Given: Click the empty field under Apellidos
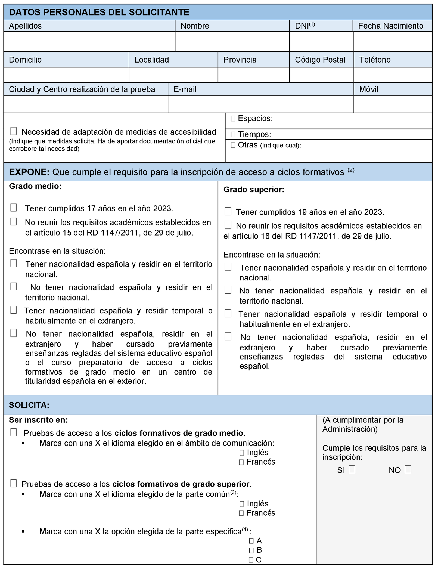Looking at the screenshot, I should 89,41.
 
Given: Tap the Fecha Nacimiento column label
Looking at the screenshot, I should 390,26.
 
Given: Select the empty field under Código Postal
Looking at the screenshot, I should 321,75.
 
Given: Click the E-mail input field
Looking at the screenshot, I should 260,104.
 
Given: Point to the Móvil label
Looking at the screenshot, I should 368,89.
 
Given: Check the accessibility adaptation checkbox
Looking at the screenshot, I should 13,131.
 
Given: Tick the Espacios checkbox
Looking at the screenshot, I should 233,119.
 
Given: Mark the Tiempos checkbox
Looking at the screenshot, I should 233,134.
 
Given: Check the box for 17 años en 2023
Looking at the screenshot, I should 13,208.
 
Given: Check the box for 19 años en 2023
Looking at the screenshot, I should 228,211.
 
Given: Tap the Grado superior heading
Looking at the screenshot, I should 254,190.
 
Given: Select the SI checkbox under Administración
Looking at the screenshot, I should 352,469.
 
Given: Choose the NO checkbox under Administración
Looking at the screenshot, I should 408,469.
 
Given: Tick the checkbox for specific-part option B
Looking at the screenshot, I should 251,550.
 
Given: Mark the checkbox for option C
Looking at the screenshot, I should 251,560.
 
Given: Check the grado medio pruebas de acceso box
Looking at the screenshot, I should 13,432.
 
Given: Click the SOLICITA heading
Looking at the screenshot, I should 29,405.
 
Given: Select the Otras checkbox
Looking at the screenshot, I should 233,145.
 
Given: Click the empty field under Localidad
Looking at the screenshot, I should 173,75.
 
